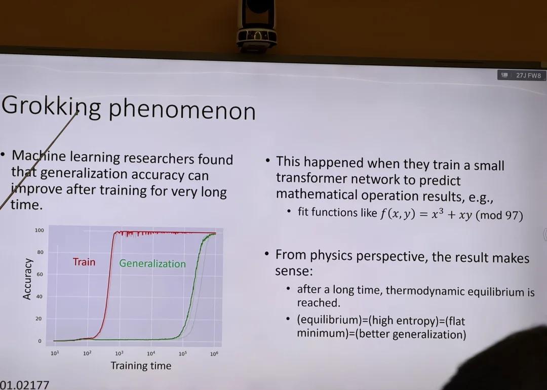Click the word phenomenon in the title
point(182,110)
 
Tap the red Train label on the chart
point(84,262)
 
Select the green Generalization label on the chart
point(152,263)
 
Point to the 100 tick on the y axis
point(40,230)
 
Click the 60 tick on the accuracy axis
point(40,275)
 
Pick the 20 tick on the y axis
point(38,319)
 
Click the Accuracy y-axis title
point(27,279)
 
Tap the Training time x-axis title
point(141,366)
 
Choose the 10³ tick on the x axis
point(119,354)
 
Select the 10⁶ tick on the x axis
point(214,354)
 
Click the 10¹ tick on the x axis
point(55,353)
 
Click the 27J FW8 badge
point(521,75)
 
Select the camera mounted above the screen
point(256,24)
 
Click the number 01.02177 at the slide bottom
point(24,385)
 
